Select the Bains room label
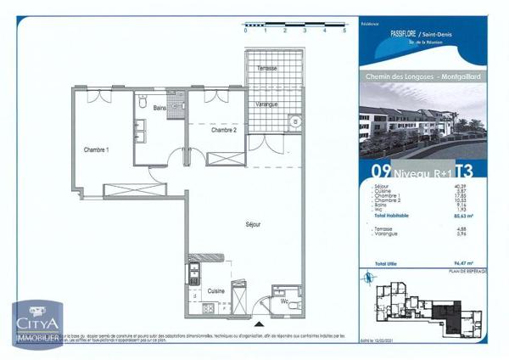click(159, 108)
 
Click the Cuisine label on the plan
click(216, 290)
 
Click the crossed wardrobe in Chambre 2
click(226, 158)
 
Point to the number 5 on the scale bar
click(344, 30)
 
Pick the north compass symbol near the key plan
click(366, 277)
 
